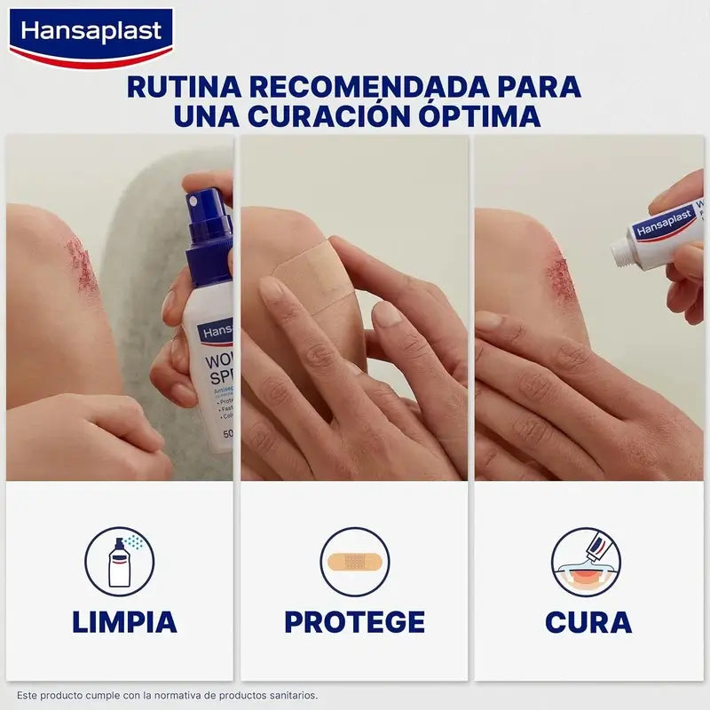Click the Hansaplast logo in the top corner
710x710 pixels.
[x=92, y=34]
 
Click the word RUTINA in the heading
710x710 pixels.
[x=181, y=87]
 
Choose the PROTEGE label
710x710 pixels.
[x=354, y=622]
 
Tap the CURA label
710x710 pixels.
[x=588, y=622]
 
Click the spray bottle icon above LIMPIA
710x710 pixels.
[x=120, y=562]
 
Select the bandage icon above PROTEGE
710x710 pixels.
[x=354, y=562]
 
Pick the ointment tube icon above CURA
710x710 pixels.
[x=586, y=562]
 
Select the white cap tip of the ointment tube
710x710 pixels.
[x=623, y=254]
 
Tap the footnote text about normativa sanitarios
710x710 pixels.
[x=167, y=696]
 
